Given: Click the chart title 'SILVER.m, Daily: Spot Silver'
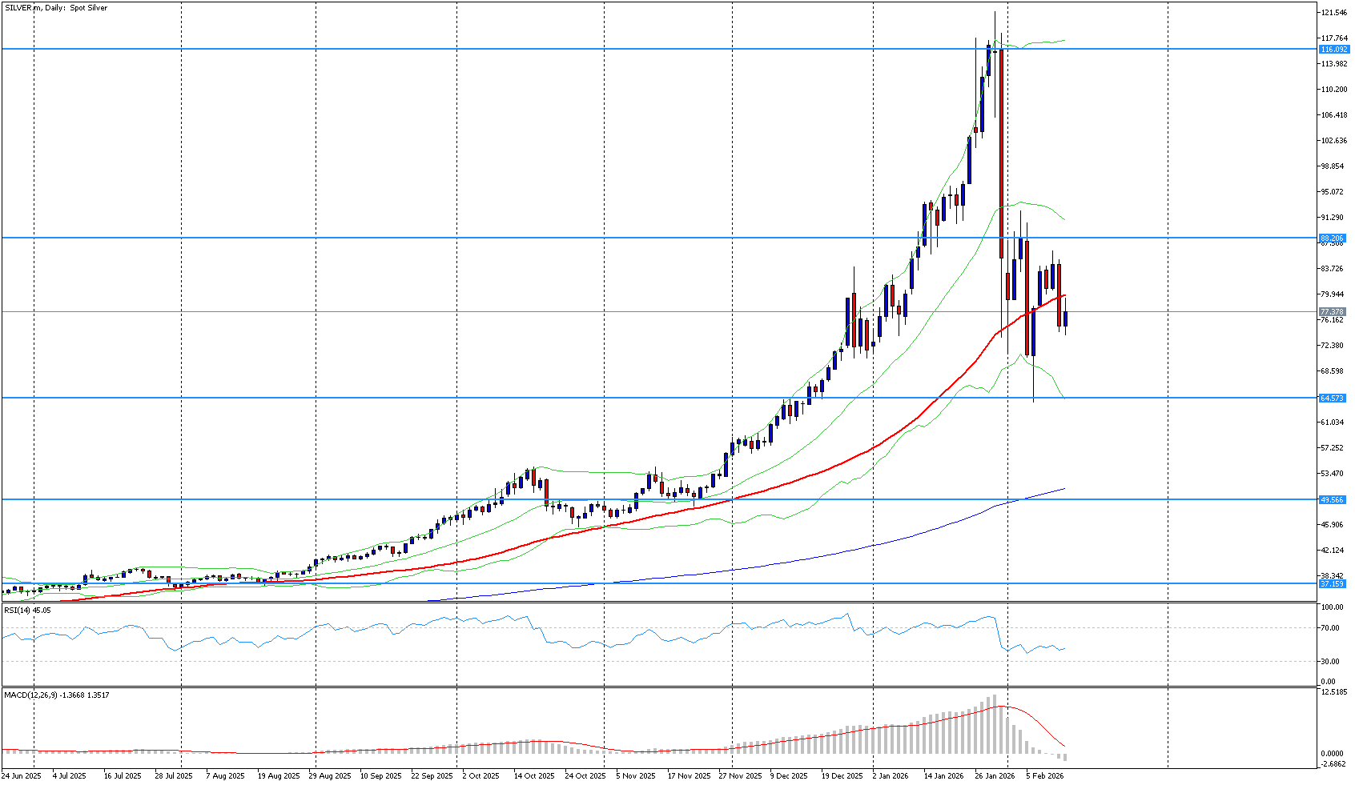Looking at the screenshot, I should click(56, 8).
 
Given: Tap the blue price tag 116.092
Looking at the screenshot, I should click(1333, 50).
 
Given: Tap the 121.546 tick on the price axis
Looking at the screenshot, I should click(1333, 13).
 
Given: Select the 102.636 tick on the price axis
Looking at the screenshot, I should click(1333, 141).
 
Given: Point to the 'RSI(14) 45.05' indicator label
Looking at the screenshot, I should click(27, 611).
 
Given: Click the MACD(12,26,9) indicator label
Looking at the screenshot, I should click(56, 695).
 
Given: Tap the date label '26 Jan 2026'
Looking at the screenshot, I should click(995, 776).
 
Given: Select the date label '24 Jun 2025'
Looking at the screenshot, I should click(22, 776).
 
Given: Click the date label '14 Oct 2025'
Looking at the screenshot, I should click(534, 776).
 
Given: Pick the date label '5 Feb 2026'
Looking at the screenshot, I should click(1045, 776).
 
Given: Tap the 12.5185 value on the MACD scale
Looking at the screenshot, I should click(1333, 691).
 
